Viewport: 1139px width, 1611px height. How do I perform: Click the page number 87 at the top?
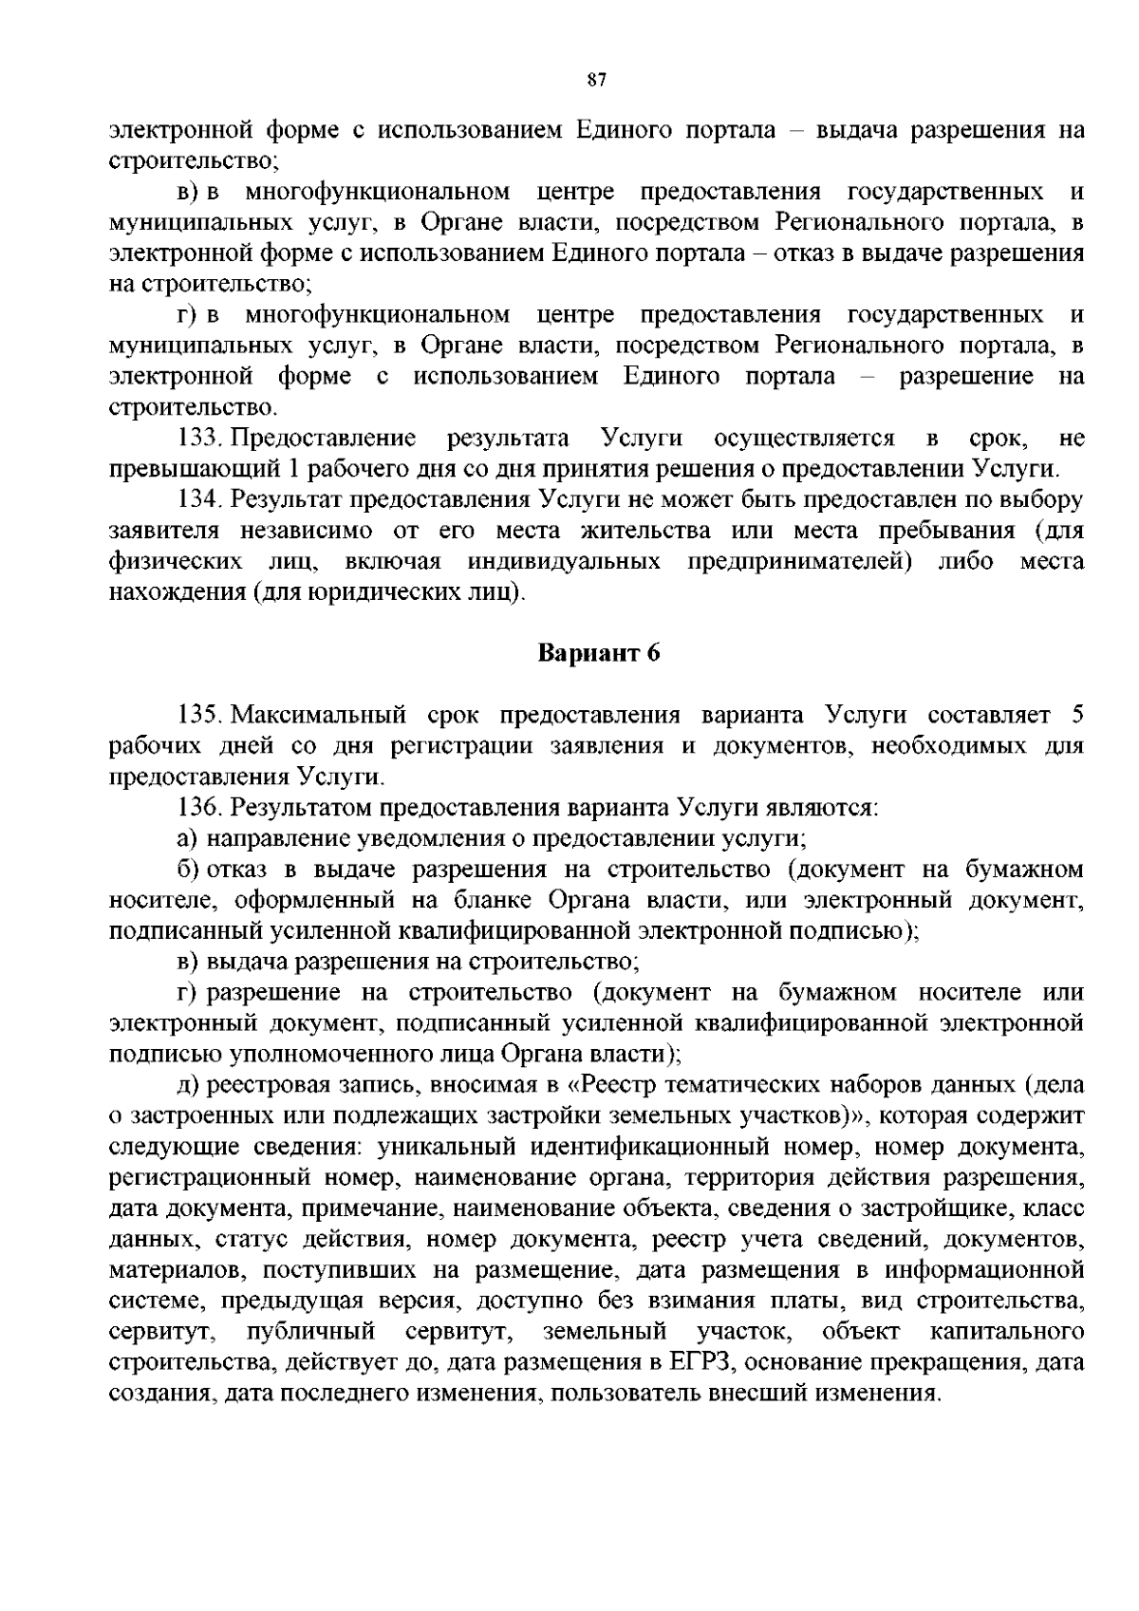(596, 80)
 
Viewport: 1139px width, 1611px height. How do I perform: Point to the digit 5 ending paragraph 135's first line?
(1076, 714)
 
